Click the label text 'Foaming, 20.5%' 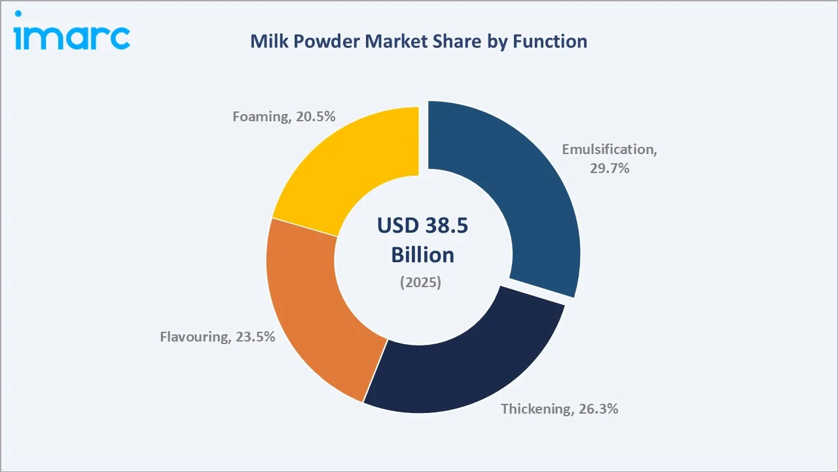[x=284, y=117]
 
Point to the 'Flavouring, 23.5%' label [x=217, y=337]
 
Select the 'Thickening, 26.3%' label [x=559, y=408]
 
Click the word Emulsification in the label [x=609, y=149]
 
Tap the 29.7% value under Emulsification [x=609, y=168]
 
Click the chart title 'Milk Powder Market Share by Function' [x=418, y=41]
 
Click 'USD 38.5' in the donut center [x=422, y=226]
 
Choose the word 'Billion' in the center [x=422, y=254]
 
